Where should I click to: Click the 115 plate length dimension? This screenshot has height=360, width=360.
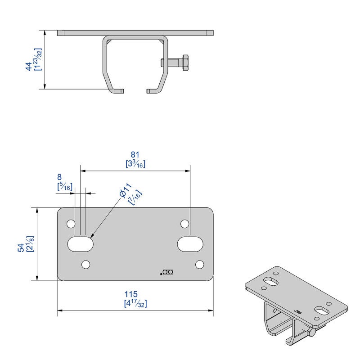135,295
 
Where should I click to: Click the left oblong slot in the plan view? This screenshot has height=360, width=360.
81,244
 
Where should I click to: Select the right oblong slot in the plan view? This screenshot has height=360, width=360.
190,244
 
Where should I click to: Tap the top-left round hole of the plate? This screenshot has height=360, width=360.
71,224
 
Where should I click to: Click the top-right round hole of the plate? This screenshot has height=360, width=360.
184,224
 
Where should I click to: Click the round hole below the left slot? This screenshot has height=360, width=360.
86,264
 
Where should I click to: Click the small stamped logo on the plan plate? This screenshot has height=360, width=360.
168,272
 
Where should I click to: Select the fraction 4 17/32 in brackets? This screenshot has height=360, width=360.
135,304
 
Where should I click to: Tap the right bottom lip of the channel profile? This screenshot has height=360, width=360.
153,91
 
